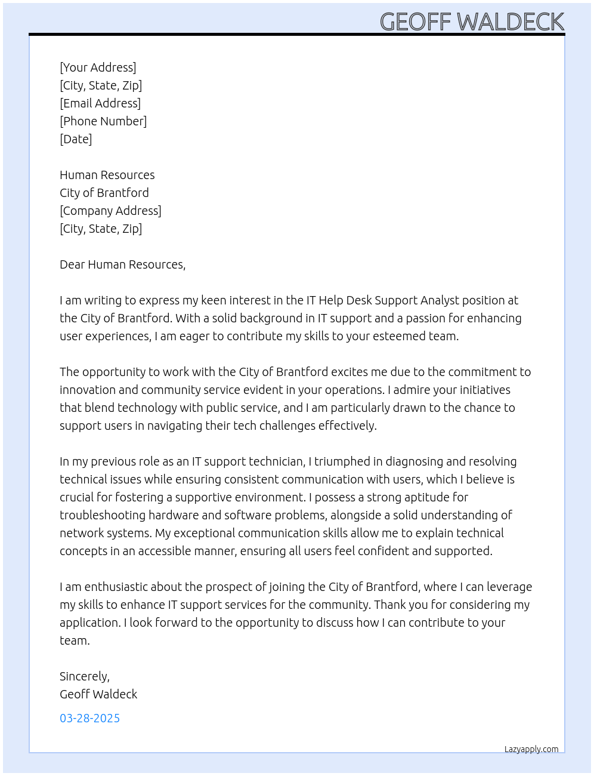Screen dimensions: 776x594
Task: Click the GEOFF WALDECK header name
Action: [472, 22]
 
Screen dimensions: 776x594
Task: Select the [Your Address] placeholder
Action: [98, 67]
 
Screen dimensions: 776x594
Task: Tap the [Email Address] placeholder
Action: [100, 103]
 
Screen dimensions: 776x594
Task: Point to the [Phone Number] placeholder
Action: [103, 121]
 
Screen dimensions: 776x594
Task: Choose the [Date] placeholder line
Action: [76, 139]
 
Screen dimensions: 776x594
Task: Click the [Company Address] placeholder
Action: [110, 211]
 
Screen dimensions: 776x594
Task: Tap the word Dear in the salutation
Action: [72, 264]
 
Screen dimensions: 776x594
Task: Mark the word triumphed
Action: [342, 461]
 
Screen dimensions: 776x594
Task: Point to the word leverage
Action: [508, 587]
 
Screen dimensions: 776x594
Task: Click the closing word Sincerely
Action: [84, 676]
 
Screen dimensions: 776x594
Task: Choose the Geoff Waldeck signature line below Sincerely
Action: [98, 694]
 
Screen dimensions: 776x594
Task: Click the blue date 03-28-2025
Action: [89, 718]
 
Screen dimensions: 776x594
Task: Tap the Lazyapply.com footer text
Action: [531, 749]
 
